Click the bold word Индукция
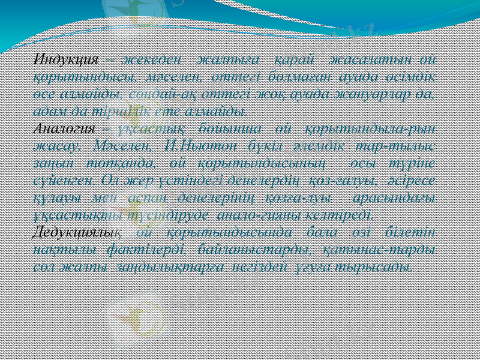(x=67, y=60)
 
